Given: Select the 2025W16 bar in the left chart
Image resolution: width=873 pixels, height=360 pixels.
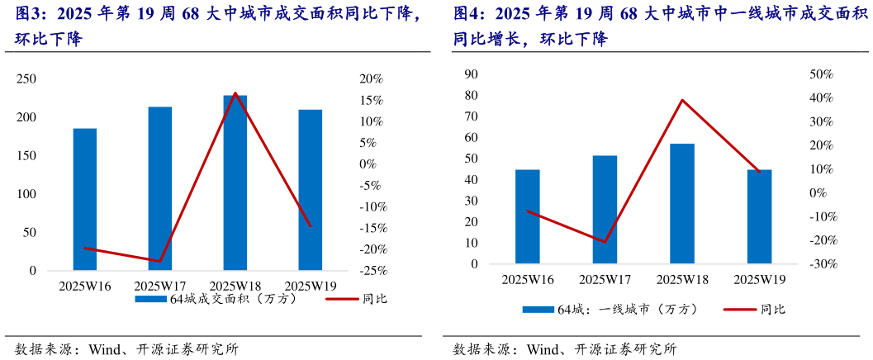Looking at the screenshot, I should pyautogui.click(x=85, y=200).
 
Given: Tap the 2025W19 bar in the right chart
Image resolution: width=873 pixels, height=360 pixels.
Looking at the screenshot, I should pyautogui.click(x=759, y=217).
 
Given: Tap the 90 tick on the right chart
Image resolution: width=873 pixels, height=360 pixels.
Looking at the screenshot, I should pyautogui.click(x=472, y=74).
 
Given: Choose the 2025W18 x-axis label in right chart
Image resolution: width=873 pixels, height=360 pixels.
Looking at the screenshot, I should pyautogui.click(x=681, y=280).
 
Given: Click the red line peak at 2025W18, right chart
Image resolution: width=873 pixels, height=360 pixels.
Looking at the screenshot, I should pyautogui.click(x=682, y=100).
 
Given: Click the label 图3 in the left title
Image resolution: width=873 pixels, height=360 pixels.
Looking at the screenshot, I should pyautogui.click(x=30, y=15).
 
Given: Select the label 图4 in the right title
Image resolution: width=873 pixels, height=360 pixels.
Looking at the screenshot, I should pyautogui.click(x=467, y=15).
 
